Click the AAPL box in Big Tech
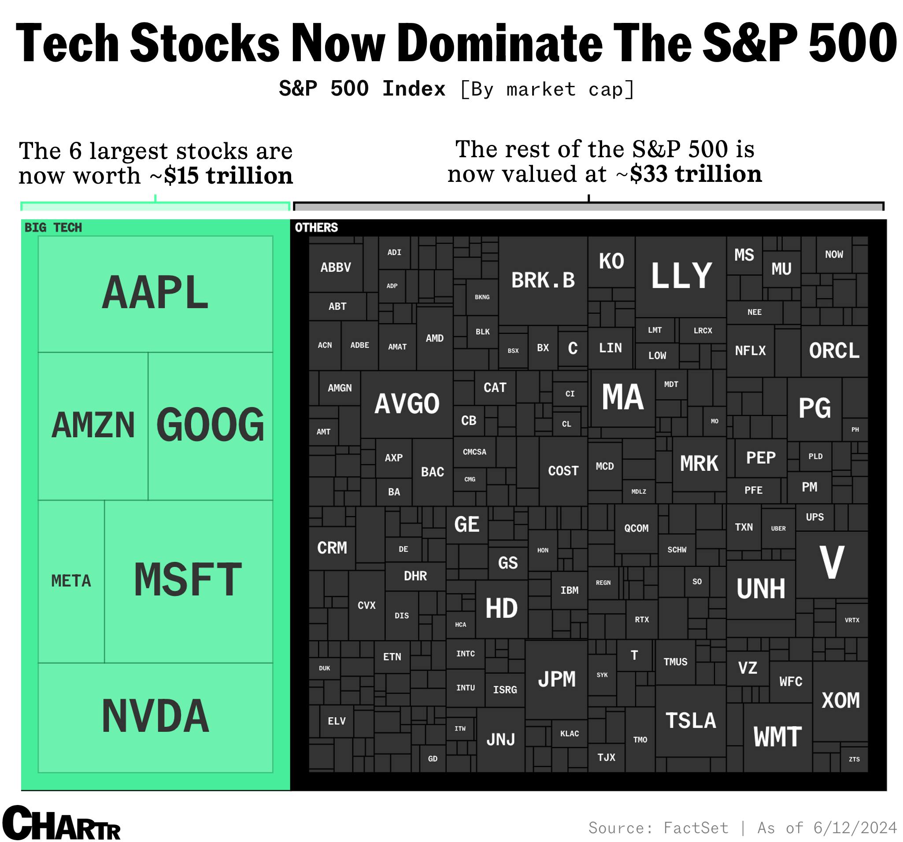click(x=155, y=293)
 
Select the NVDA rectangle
click(x=155, y=716)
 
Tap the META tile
click(x=71, y=581)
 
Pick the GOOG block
click(x=210, y=425)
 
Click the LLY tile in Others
click(x=681, y=276)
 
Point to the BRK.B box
click(x=543, y=280)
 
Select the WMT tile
click(x=777, y=737)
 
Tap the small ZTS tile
click(x=854, y=759)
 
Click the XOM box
click(x=840, y=701)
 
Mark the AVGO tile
click(x=407, y=404)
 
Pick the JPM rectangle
click(x=556, y=680)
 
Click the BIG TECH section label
click(x=53, y=228)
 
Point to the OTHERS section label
click(x=316, y=228)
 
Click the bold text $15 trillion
click(x=229, y=176)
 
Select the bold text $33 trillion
click(x=696, y=174)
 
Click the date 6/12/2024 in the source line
click(x=855, y=827)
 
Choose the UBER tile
click(x=778, y=528)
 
